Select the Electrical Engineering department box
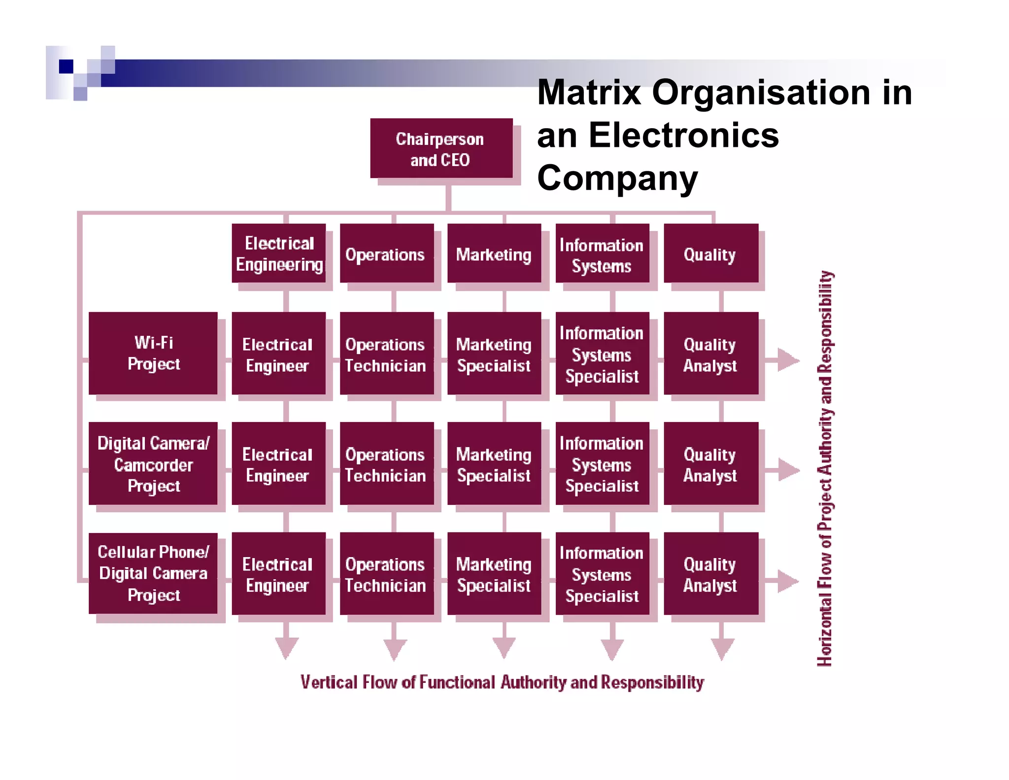(x=279, y=253)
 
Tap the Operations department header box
(x=387, y=253)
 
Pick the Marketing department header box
(x=494, y=253)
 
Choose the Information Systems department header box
(x=602, y=253)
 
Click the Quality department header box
(x=710, y=253)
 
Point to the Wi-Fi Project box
(x=153, y=353)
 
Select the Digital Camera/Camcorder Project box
(x=153, y=463)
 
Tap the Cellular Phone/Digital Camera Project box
(x=153, y=573)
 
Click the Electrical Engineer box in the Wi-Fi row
(x=278, y=354)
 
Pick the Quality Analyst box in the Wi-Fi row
(x=710, y=354)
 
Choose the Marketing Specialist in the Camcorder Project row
(x=494, y=464)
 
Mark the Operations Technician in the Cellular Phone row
(x=387, y=574)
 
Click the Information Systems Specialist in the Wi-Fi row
(x=602, y=354)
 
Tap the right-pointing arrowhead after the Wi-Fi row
(x=788, y=360)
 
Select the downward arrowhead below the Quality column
(x=722, y=648)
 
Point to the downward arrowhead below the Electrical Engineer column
(x=286, y=647)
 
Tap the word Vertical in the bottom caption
(x=329, y=682)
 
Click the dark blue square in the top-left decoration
(x=66, y=66)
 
